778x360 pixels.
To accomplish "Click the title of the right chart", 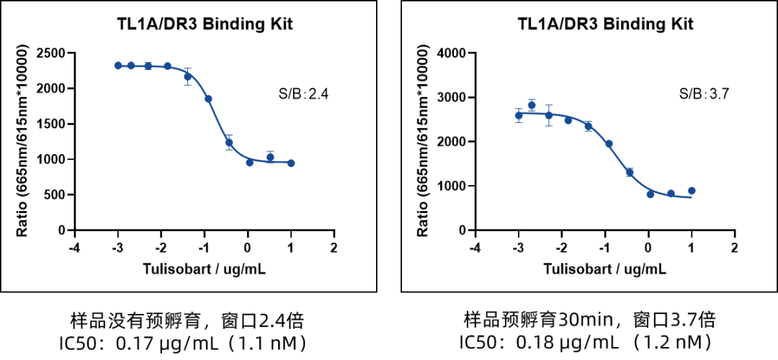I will pyautogui.click(x=605, y=24).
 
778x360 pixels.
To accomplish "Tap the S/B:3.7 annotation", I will pyautogui.click(x=705, y=94).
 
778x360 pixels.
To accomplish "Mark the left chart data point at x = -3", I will pyautogui.click(x=118, y=66).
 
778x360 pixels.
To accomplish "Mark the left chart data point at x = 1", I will pyautogui.click(x=291, y=163).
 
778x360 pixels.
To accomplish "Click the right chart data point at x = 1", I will pyautogui.click(x=692, y=191).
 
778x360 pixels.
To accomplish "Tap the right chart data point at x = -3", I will pyautogui.click(x=519, y=115).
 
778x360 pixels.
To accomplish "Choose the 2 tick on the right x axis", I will pyautogui.click(x=734, y=246).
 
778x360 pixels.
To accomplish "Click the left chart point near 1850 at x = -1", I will pyautogui.click(x=208, y=99).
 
